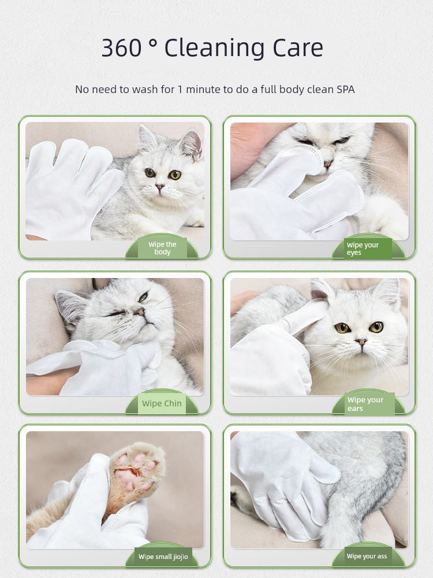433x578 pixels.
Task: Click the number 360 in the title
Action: click(121, 47)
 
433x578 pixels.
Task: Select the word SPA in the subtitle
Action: click(345, 89)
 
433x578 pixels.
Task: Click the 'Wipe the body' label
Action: click(162, 248)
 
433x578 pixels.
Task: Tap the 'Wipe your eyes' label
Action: click(363, 249)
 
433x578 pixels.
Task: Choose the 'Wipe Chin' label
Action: click(162, 403)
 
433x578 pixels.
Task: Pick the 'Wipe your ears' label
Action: click(365, 404)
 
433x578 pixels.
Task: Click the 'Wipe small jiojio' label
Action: click(163, 557)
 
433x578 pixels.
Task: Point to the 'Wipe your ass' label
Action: click(367, 556)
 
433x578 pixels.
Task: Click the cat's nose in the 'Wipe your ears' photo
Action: click(361, 342)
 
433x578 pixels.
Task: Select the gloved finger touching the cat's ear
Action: click(303, 316)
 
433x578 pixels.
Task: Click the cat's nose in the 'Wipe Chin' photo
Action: click(140, 312)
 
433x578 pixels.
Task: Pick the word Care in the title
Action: click(298, 47)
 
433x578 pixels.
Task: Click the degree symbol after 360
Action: click(153, 43)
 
